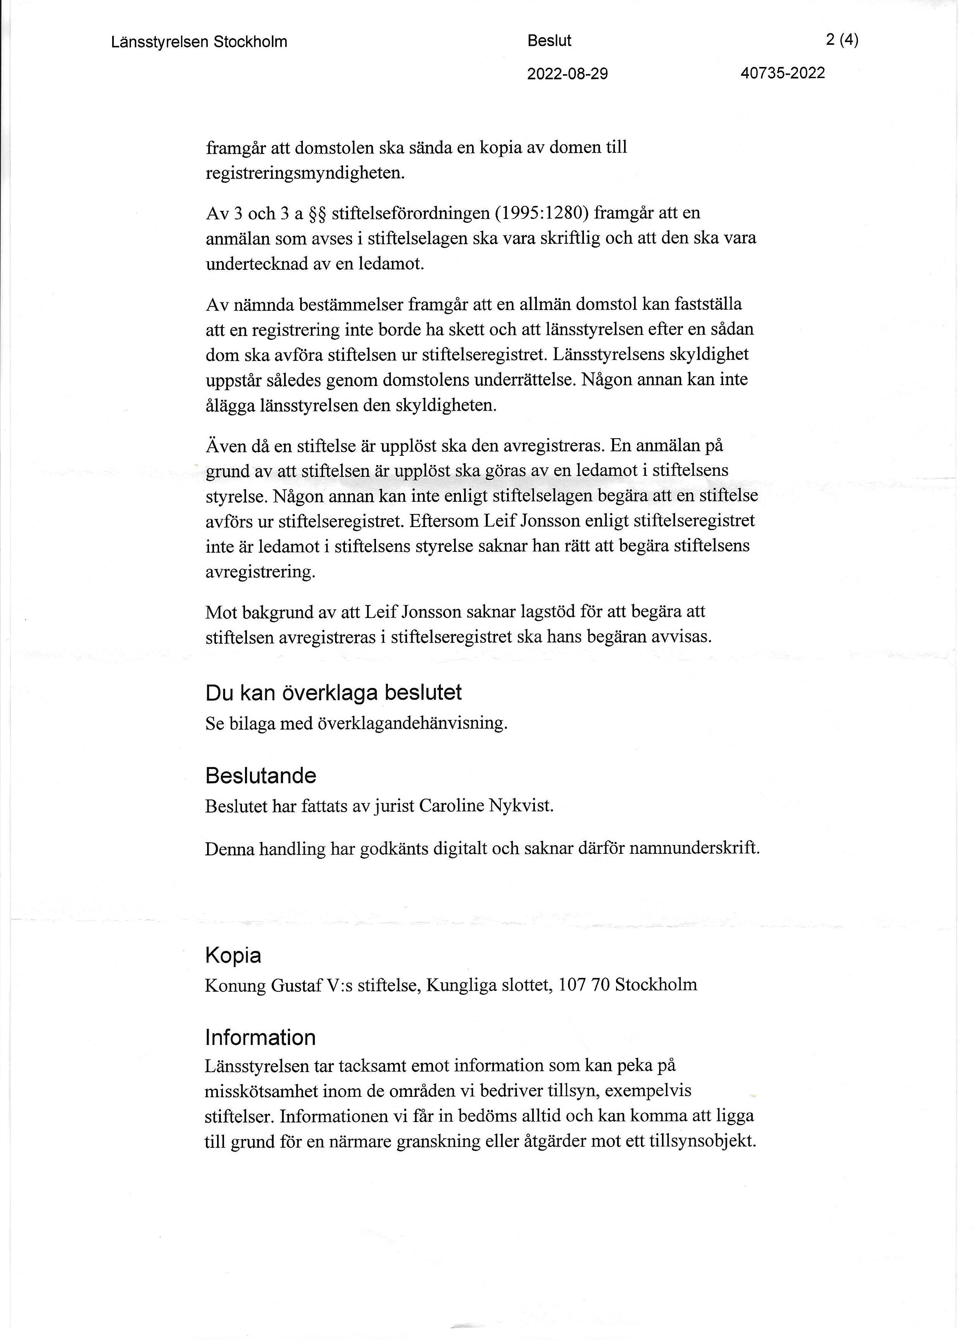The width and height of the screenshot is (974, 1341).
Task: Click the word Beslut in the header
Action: tap(549, 41)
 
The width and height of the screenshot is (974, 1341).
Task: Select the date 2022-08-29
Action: tap(567, 74)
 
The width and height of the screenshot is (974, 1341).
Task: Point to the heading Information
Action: tap(260, 1038)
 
